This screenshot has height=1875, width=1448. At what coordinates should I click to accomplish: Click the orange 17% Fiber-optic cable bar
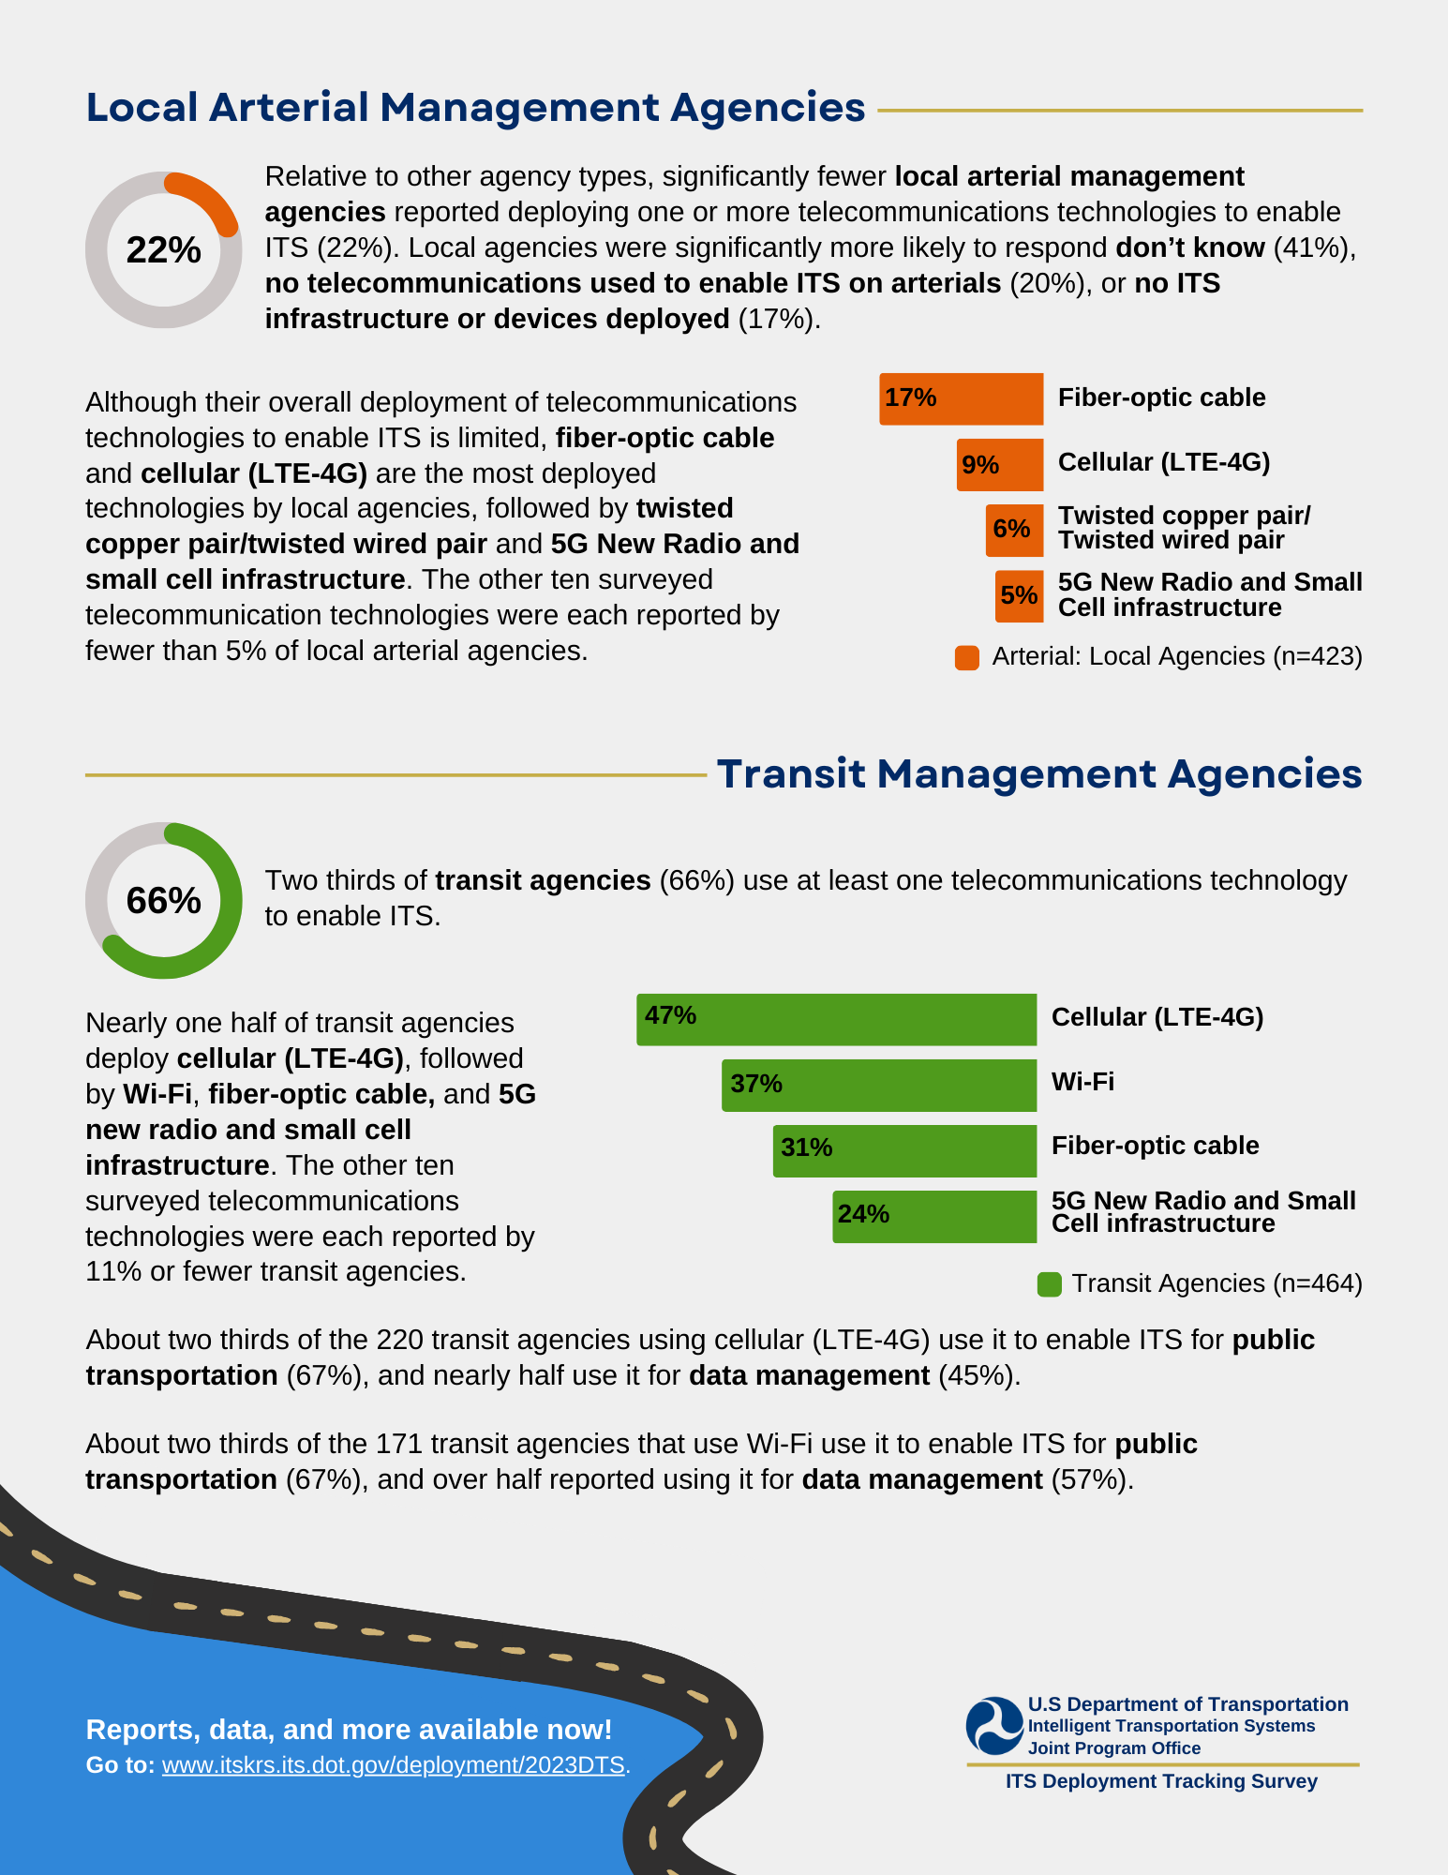click(x=961, y=398)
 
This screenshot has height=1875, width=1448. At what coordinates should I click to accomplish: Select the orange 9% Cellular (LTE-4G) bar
click(x=999, y=464)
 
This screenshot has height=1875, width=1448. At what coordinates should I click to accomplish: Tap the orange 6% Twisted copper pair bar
click(x=1014, y=530)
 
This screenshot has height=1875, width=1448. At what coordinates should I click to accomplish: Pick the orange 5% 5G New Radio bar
click(x=1019, y=596)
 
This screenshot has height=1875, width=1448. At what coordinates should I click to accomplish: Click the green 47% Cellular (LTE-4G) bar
click(x=836, y=1019)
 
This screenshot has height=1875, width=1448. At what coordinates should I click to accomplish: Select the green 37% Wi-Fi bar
click(x=879, y=1085)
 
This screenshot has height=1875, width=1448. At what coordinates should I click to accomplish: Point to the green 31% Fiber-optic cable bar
click(x=904, y=1150)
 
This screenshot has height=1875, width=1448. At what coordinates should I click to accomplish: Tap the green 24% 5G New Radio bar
click(x=934, y=1216)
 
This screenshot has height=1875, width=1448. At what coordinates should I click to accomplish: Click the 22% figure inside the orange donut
click(x=164, y=250)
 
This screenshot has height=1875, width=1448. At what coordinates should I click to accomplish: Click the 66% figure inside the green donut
click(x=164, y=901)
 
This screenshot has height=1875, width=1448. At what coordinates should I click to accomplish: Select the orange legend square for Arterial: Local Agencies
click(x=967, y=657)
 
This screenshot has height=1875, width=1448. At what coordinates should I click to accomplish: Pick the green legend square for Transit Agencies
click(x=1050, y=1284)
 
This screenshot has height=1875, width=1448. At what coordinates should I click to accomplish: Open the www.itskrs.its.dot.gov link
click(x=394, y=1765)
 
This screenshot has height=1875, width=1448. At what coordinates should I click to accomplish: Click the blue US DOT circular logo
click(x=994, y=1726)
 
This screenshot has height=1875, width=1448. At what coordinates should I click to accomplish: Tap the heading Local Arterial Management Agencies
click(x=475, y=108)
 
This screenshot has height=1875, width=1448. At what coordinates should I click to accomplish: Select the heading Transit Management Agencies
click(x=1039, y=774)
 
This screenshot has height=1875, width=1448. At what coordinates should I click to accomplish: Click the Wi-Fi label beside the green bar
click(x=1082, y=1082)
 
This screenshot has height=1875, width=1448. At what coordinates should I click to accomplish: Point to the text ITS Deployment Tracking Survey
click(x=1161, y=1781)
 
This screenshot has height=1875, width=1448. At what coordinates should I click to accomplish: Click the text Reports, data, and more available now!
click(x=349, y=1730)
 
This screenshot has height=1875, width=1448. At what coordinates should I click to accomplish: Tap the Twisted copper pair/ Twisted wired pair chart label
click(x=1184, y=528)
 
